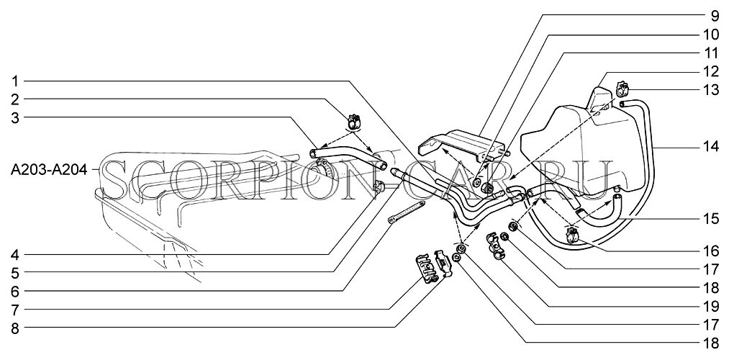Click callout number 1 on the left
[15, 80]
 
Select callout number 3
[15, 117]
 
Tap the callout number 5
[15, 273]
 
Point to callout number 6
[15, 292]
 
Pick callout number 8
[15, 329]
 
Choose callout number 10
[711, 34]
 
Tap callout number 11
[711, 53]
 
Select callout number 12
[711, 71]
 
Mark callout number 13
[711, 90]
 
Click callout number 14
[711, 147]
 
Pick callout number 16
[711, 251]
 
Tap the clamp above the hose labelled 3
[355, 120]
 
